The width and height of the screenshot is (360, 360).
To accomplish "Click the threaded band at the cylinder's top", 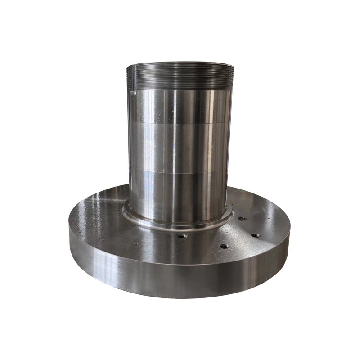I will [180, 76].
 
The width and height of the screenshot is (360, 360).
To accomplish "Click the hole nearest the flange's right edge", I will [255, 235].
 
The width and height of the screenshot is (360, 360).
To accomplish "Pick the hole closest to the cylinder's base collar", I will [242, 219].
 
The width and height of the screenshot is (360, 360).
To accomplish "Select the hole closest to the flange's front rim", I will [225, 246].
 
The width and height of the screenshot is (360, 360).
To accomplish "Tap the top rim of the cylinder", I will [180, 63].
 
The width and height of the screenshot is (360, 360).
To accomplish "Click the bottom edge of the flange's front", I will [180, 297].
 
